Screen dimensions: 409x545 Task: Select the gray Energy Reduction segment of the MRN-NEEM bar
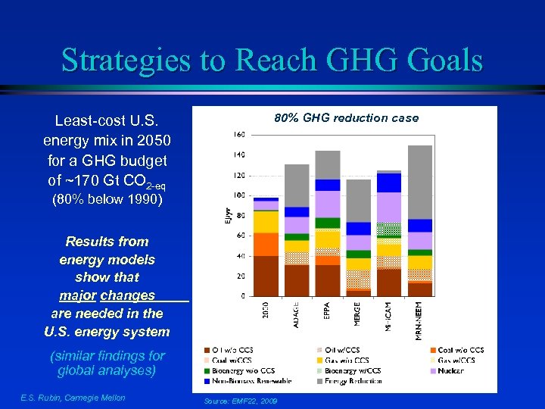coord(419,182)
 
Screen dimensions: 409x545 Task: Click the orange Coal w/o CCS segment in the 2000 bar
coord(266,244)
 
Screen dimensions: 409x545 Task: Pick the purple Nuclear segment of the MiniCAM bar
coord(388,207)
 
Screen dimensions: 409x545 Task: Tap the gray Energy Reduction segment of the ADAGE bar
coord(297,185)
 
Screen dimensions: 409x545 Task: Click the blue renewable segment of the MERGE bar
coord(358,229)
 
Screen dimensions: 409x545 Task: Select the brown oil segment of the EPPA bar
coord(327,279)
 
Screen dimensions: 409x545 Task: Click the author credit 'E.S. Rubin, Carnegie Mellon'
coord(73,398)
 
